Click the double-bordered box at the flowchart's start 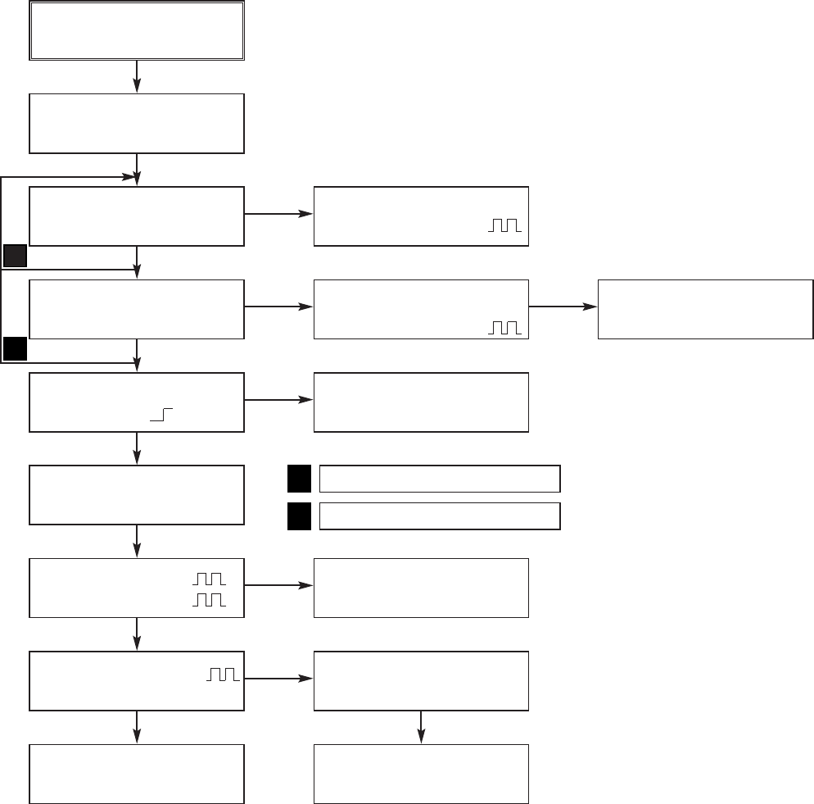[x=137, y=30]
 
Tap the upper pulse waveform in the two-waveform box [x=209, y=579]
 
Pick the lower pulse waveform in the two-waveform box [x=209, y=600]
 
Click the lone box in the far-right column [x=705, y=309]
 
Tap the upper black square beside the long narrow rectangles [x=299, y=478]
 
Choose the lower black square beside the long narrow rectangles [x=299, y=516]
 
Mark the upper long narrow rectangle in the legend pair [x=439, y=478]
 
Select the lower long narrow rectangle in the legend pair [x=439, y=516]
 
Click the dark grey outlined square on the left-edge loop [x=15, y=257]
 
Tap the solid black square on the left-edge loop [x=15, y=350]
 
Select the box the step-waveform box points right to [x=421, y=402]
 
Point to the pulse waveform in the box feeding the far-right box [x=504, y=328]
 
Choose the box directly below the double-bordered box [x=137, y=124]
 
